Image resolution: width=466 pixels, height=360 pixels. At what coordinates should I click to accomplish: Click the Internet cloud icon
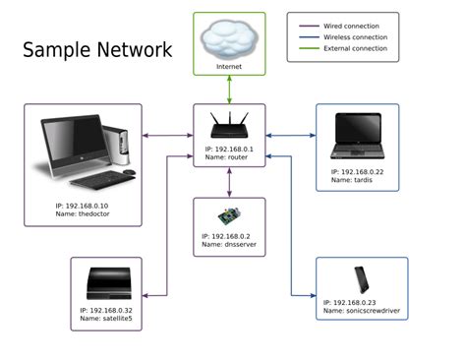click(x=228, y=40)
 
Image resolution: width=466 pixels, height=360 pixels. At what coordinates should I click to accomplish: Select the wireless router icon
click(x=229, y=126)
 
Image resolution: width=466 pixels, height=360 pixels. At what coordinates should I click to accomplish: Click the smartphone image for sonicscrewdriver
click(x=361, y=280)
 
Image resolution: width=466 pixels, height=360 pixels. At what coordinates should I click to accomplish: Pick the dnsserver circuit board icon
click(x=228, y=216)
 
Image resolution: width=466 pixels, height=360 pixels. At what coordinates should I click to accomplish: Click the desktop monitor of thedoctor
click(x=70, y=144)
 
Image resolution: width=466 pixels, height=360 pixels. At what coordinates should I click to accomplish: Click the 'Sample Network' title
click(x=97, y=50)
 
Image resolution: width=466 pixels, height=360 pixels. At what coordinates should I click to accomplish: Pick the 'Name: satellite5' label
click(x=106, y=319)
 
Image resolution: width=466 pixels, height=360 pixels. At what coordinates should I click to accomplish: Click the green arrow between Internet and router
click(x=229, y=90)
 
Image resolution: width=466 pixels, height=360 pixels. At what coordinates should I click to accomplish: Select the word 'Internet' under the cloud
click(x=228, y=67)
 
